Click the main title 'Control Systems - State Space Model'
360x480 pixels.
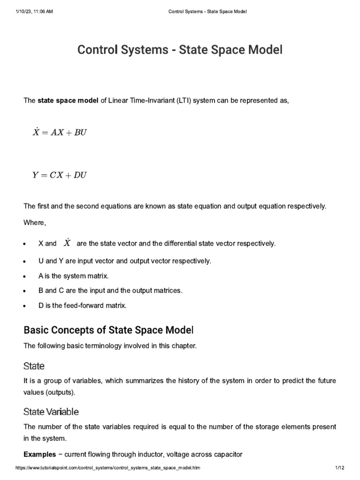180,50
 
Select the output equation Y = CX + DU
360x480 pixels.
59,175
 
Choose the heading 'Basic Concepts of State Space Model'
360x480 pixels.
108,330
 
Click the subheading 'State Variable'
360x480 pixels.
51,412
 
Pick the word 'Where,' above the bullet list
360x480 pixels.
35,223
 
